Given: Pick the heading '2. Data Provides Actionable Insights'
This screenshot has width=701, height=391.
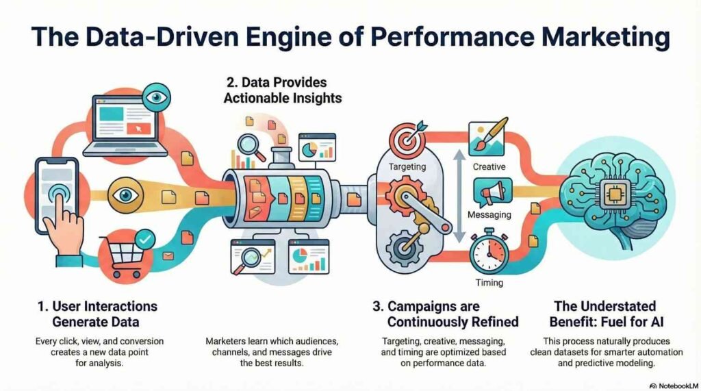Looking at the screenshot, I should click(x=283, y=91).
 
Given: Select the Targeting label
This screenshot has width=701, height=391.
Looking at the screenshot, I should click(x=407, y=166).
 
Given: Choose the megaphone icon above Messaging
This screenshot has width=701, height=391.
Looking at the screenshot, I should click(x=492, y=191).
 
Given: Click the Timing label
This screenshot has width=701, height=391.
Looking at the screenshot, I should click(x=488, y=282).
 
